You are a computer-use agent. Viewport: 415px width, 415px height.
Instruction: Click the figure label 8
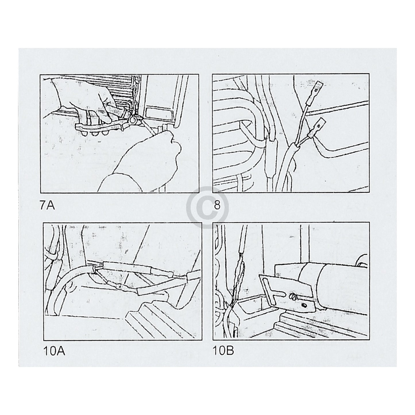pos(217,205)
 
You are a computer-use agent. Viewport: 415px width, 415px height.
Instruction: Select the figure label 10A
pos(54,351)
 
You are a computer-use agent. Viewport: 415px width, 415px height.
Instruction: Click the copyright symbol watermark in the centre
pos(207,207)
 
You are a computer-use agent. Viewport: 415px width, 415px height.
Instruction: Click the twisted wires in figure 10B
pos(238,282)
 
